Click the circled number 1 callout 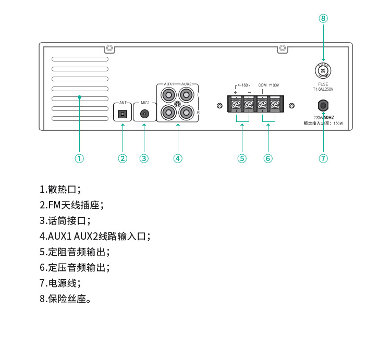(79, 158)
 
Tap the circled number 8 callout (323, 18)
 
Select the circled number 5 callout (242, 158)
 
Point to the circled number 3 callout (144, 158)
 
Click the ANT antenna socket (123, 113)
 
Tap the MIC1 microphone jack (144, 113)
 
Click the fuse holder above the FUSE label (323, 70)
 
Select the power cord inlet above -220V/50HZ (323, 106)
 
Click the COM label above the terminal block (262, 85)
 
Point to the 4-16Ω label (242, 85)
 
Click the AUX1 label (169, 83)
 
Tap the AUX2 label (186, 83)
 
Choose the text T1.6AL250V (323, 89)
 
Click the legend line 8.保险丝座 (66, 300)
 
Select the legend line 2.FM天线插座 (72, 205)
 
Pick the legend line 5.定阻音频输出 (75, 252)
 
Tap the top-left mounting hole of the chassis (109, 48)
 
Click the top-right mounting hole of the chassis (283, 48)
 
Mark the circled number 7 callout (323, 158)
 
